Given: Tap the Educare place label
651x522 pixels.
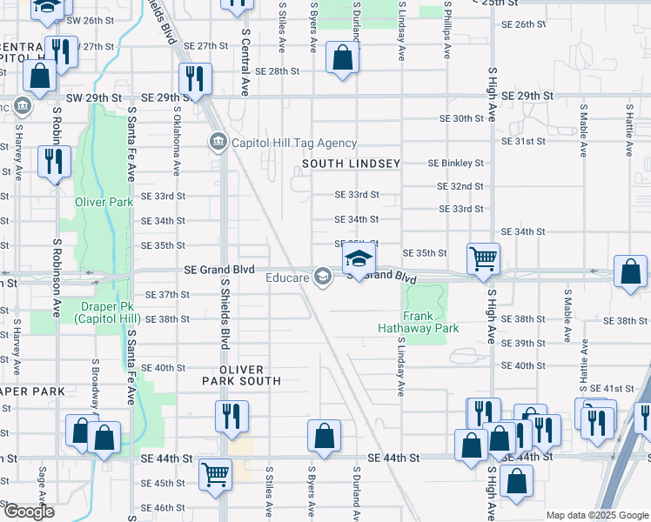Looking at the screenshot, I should [x=288, y=278].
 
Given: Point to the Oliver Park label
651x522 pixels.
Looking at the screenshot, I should [x=104, y=202].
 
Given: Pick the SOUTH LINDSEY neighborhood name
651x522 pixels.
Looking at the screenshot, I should [x=351, y=164].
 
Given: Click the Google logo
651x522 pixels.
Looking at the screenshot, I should [x=28, y=512].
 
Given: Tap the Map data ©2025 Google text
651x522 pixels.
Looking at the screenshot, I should [x=596, y=515].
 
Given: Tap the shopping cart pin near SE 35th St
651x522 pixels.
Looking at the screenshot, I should [x=483, y=258].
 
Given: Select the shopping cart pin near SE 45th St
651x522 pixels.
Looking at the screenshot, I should [x=215, y=474].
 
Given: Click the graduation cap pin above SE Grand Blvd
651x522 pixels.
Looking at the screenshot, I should [x=358, y=258].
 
